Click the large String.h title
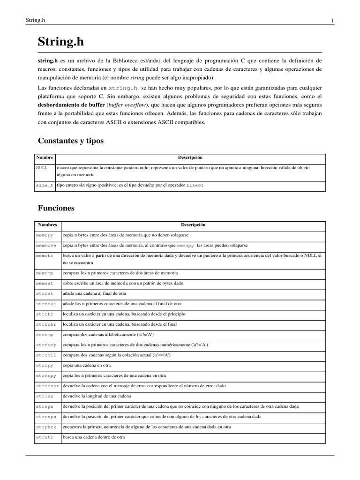coord(61,42)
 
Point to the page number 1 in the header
coord(332,20)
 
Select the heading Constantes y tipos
coord(70,141)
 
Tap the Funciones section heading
coord(56,208)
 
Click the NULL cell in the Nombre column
coord(42,167)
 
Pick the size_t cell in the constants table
coord(45,186)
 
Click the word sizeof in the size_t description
coord(195,186)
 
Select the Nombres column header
coord(47,225)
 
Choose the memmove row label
coord(46,246)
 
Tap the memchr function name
coord(45,256)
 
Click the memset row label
coord(45,284)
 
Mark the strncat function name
coord(46,304)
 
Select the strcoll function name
coord(46,355)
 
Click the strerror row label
coord(48,386)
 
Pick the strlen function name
coord(45,396)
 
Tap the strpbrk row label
coord(46,427)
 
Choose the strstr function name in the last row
coord(45,437)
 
